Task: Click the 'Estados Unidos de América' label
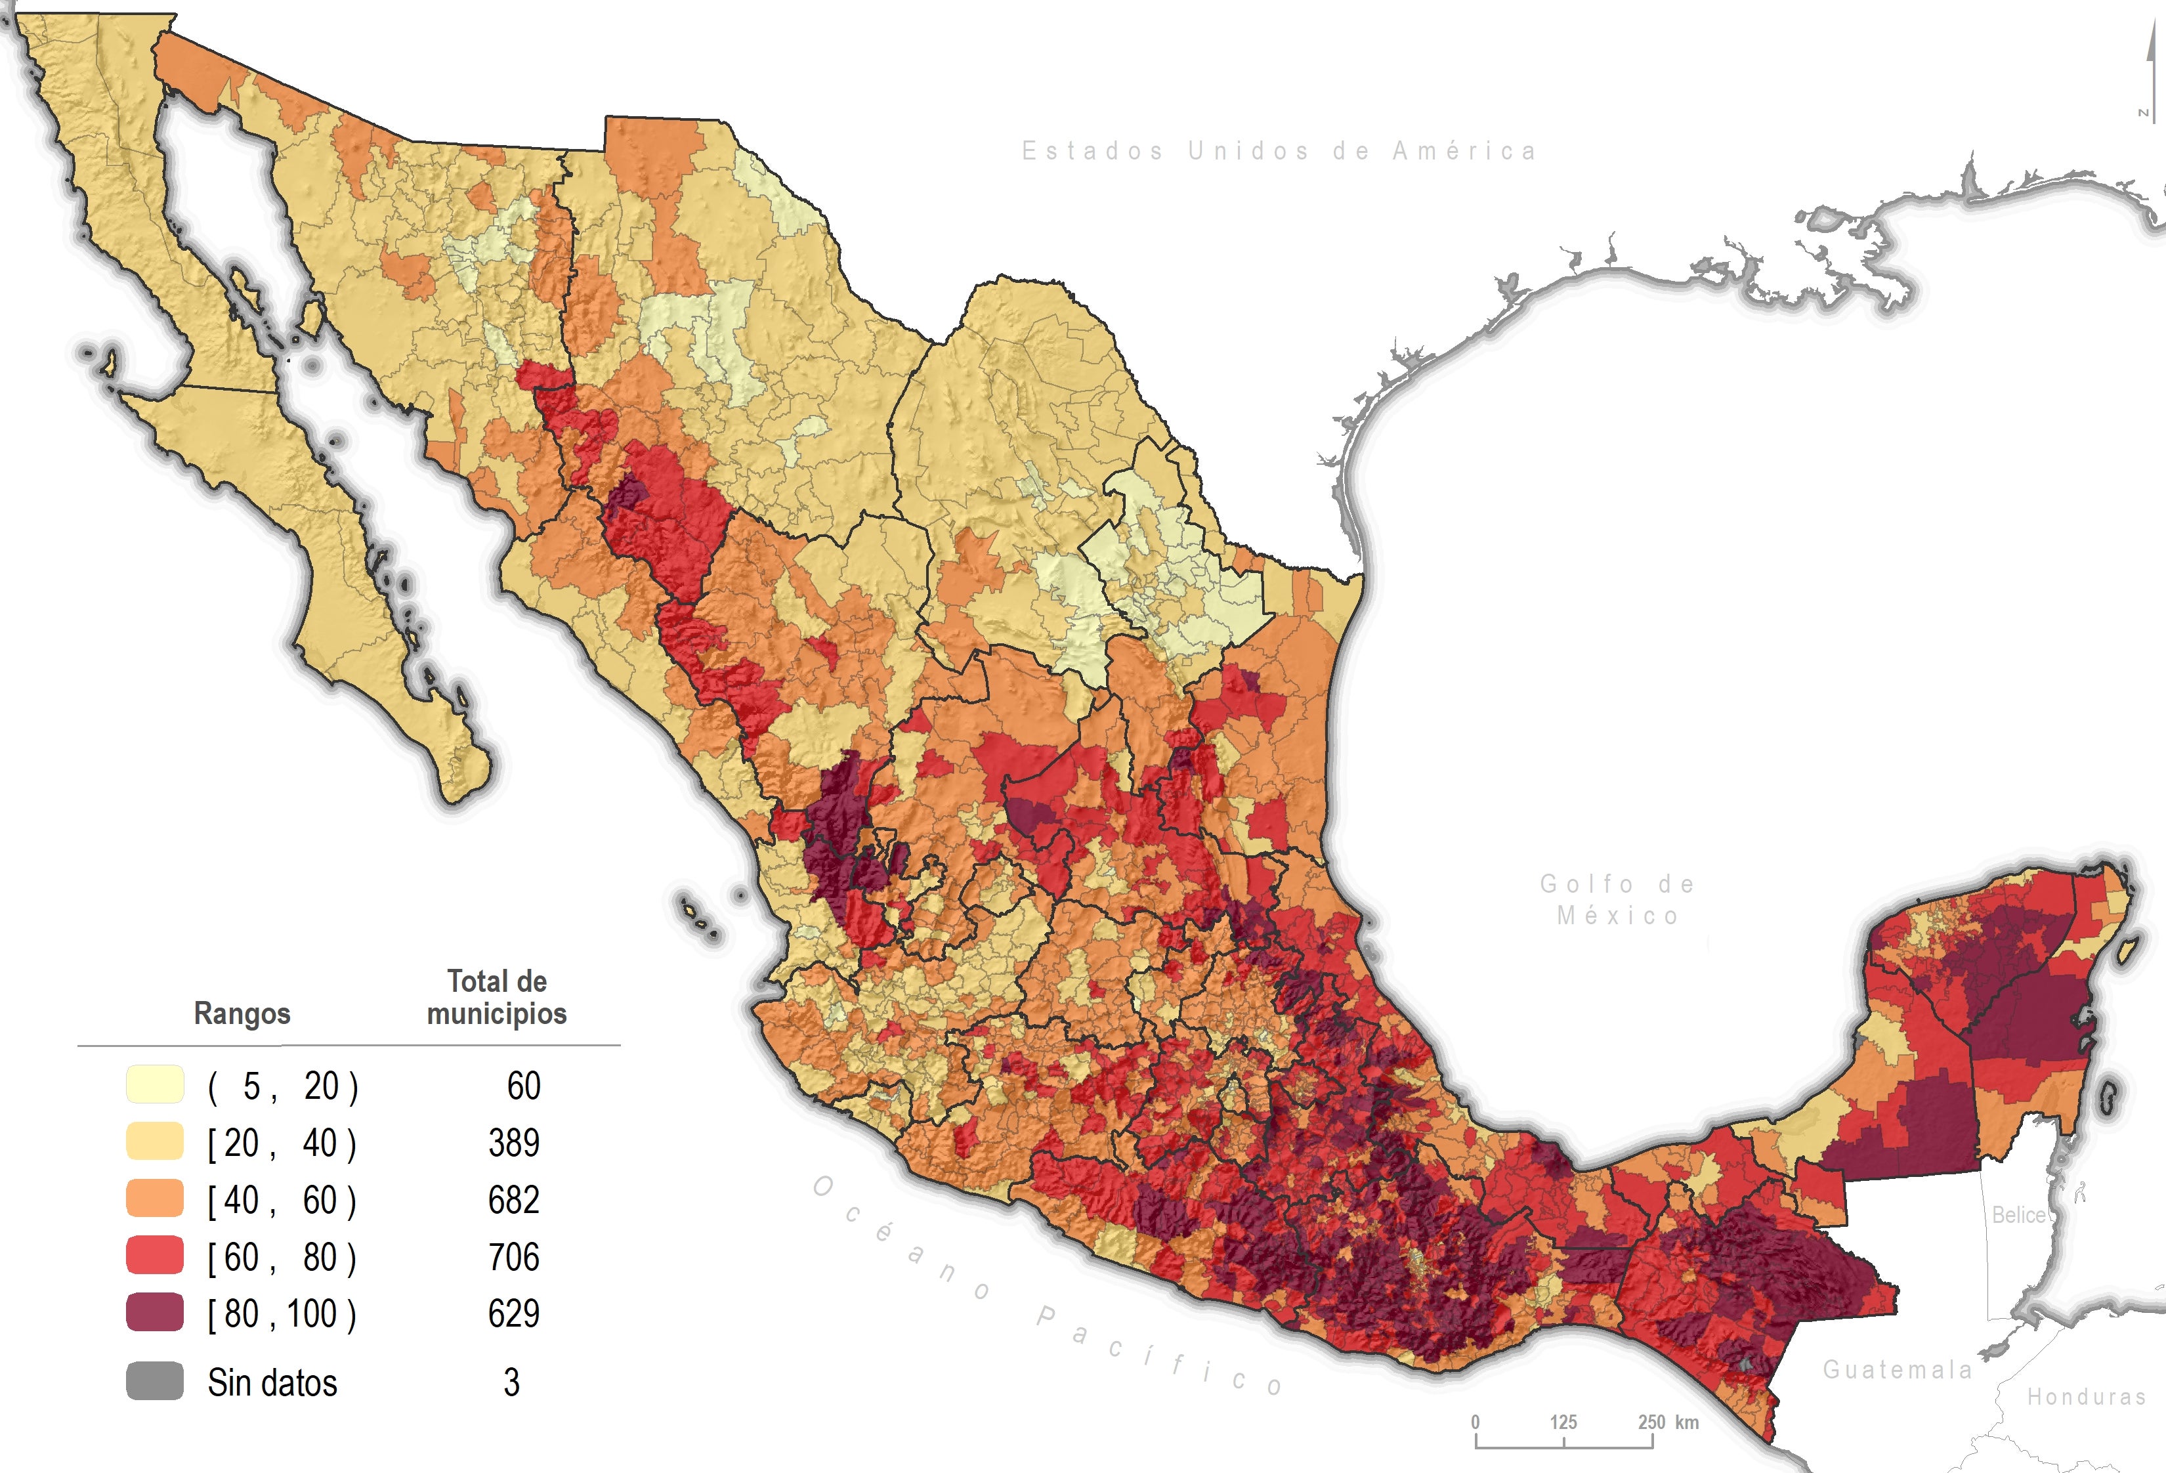coord(1279,151)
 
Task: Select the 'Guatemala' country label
coord(1898,1369)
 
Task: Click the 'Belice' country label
coord(2018,1215)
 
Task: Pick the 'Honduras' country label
coord(2086,1397)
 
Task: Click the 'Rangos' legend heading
coord(242,1014)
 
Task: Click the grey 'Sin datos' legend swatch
coord(155,1380)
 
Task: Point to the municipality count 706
coord(513,1257)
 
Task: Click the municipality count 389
coord(513,1143)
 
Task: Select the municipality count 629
coord(513,1313)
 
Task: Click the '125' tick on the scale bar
coord(1563,1422)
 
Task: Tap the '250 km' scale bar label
coord(1668,1422)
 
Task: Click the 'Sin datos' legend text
coord(272,1382)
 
